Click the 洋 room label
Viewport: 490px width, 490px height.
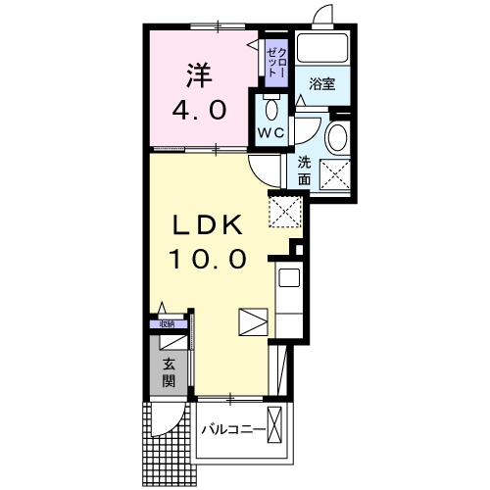click(199, 75)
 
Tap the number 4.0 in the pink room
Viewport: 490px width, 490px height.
click(199, 111)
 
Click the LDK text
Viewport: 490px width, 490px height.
click(208, 225)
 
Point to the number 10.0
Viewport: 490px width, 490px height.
click(207, 258)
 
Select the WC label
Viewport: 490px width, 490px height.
click(271, 132)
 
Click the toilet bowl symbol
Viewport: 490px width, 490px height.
click(271, 110)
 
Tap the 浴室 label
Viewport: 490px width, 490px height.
click(322, 84)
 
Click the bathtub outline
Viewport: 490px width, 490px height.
click(322, 48)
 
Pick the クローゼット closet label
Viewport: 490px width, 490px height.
click(276, 63)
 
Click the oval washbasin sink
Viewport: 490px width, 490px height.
click(337, 137)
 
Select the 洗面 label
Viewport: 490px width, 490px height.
click(304, 171)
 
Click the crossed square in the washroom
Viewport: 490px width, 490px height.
click(335, 174)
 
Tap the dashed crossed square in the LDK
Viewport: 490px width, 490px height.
click(284, 212)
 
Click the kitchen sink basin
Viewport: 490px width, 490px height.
click(289, 277)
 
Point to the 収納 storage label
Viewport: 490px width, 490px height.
click(167, 324)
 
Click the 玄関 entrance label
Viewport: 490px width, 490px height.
click(169, 372)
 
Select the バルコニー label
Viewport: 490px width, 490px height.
click(232, 429)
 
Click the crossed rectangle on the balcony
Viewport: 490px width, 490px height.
click(274, 425)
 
